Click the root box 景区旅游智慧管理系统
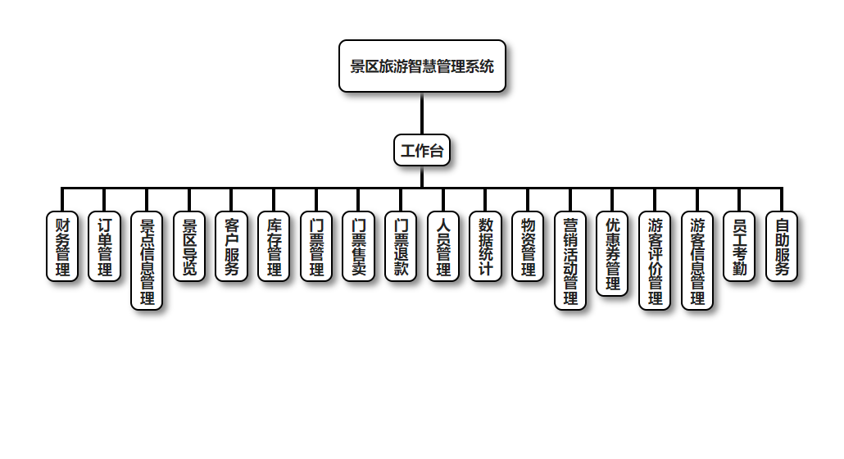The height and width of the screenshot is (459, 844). click(422, 66)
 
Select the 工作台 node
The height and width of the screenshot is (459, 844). click(422, 150)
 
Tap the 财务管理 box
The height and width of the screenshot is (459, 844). click(62, 246)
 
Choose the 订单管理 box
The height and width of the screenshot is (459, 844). click(104, 246)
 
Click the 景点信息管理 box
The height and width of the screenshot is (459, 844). click(147, 261)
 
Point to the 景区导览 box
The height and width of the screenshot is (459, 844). click(189, 246)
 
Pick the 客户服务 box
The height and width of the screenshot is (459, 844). click(231, 246)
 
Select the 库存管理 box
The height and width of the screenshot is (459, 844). click(274, 246)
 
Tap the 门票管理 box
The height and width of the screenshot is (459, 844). click(316, 246)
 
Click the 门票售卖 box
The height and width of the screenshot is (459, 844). click(358, 246)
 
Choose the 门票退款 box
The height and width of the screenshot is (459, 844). click(401, 246)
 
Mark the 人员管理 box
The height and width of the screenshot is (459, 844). click(443, 246)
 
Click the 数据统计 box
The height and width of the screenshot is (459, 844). click(485, 246)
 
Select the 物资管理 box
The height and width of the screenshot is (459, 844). click(528, 246)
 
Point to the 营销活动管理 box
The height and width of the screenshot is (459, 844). click(570, 261)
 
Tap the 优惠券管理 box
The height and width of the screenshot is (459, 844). click(612, 253)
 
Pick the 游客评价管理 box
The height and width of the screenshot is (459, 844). click(655, 261)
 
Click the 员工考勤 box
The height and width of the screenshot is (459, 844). click(739, 246)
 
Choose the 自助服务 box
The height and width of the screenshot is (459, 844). click(782, 246)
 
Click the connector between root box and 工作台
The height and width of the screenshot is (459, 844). click(422, 113)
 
